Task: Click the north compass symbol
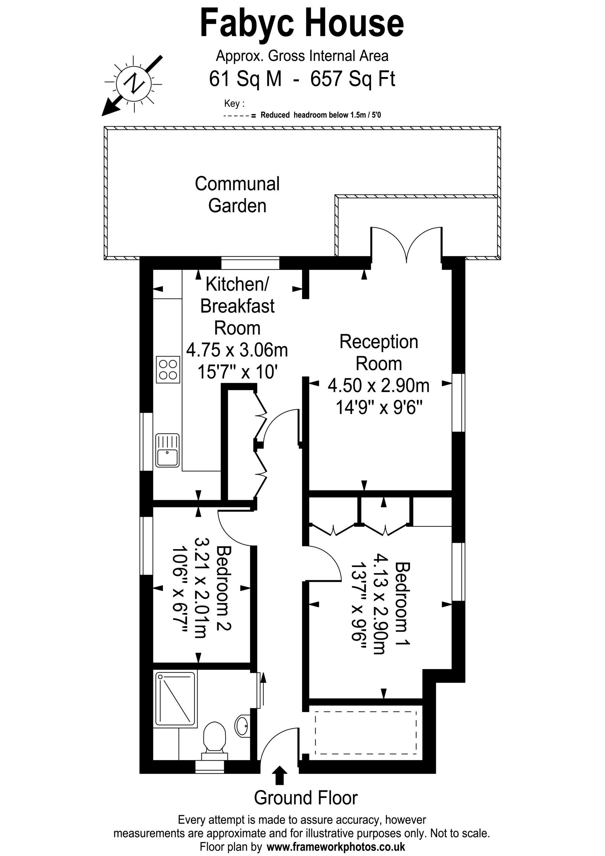[x=133, y=84]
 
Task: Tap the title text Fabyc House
[x=302, y=23]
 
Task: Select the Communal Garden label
[x=237, y=195]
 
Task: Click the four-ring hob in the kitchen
[x=168, y=370]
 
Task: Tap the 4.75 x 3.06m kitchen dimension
[x=237, y=350]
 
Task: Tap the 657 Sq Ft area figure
[x=353, y=79]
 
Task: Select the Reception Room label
[x=379, y=353]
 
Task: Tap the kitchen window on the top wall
[x=250, y=263]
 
